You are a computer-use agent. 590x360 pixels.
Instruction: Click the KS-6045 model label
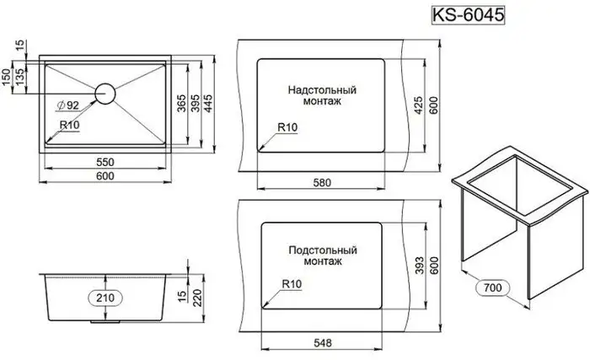pyautogui.click(x=468, y=15)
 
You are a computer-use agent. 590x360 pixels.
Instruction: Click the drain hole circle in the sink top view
pyautogui.click(x=105, y=94)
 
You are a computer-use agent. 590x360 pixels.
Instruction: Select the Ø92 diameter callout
pyautogui.click(x=67, y=105)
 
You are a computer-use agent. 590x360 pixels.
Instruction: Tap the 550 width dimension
pyautogui.click(x=105, y=162)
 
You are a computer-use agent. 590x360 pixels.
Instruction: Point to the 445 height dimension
pyautogui.click(x=207, y=104)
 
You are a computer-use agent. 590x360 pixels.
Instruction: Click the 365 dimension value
pyautogui.click(x=181, y=104)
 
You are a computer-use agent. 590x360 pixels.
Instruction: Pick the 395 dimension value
pyautogui.click(x=195, y=104)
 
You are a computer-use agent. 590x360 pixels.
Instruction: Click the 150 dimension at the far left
pyautogui.click(x=7, y=78)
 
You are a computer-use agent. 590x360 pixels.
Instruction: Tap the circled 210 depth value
pyautogui.click(x=105, y=298)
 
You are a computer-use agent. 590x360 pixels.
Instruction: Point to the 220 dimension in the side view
pyautogui.click(x=197, y=298)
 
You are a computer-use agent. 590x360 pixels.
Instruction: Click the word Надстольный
pyautogui.click(x=322, y=90)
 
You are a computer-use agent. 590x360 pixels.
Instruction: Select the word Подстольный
pyautogui.click(x=323, y=250)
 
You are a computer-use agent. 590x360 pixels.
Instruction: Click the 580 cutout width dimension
pyautogui.click(x=322, y=183)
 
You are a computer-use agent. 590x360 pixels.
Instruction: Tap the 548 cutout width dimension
pyautogui.click(x=323, y=343)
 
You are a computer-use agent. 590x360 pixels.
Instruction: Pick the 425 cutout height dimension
pyautogui.click(x=418, y=105)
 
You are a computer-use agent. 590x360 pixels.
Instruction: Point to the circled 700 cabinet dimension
pyautogui.click(x=492, y=287)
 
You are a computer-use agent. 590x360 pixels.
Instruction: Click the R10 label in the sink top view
pyautogui.click(x=69, y=125)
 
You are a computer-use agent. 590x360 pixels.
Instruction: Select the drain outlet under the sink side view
pyautogui.click(x=105, y=322)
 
